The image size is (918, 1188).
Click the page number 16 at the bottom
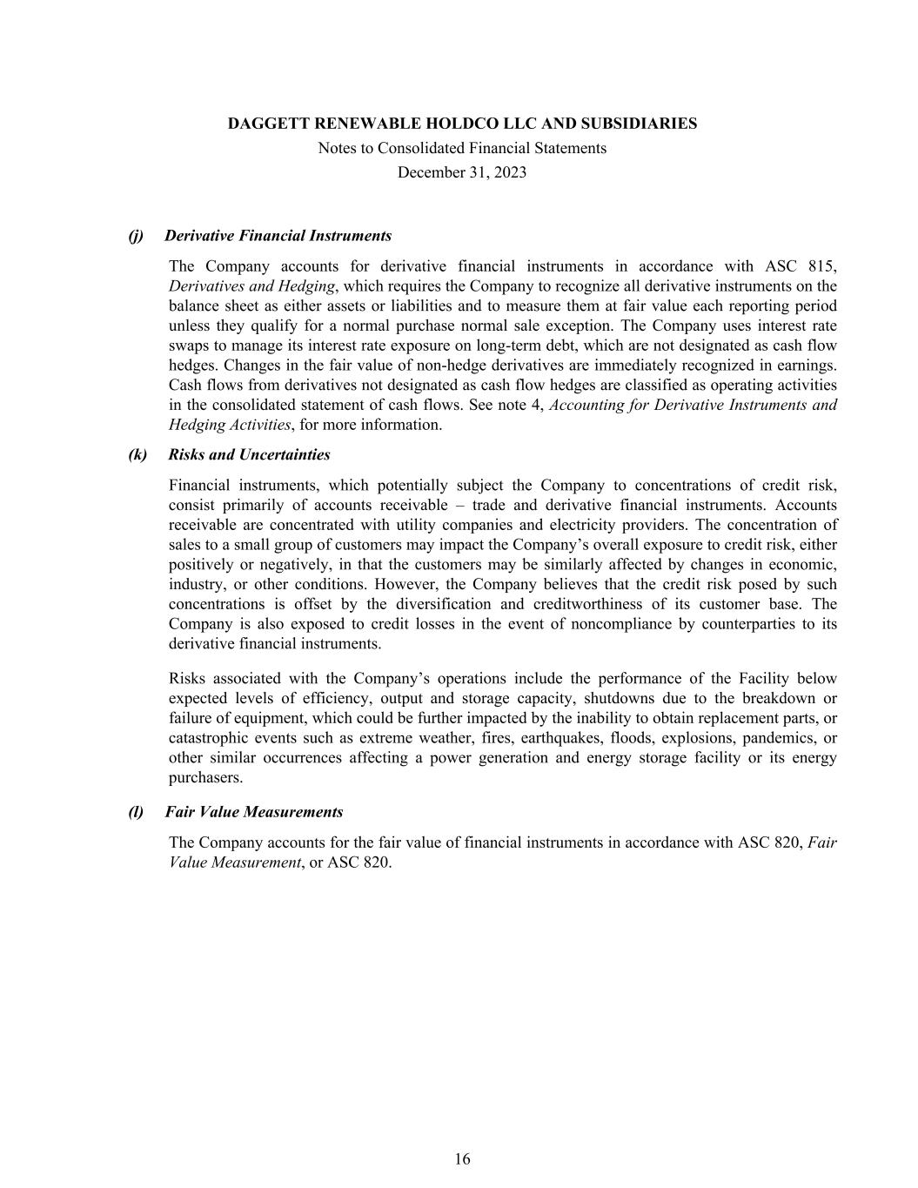pos(462,1158)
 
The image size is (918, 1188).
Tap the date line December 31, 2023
pos(462,172)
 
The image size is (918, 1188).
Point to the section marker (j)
pos(137,236)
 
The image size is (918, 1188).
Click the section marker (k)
pos(137,454)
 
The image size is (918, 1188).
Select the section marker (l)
pos(137,812)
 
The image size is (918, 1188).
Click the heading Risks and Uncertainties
pos(250,454)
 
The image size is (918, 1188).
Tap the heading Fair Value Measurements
pos(254,812)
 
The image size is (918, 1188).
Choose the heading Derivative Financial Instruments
pos(278,236)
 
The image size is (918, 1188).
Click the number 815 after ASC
pos(821,266)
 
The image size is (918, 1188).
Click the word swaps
pos(189,346)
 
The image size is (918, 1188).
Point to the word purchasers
pos(205,777)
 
